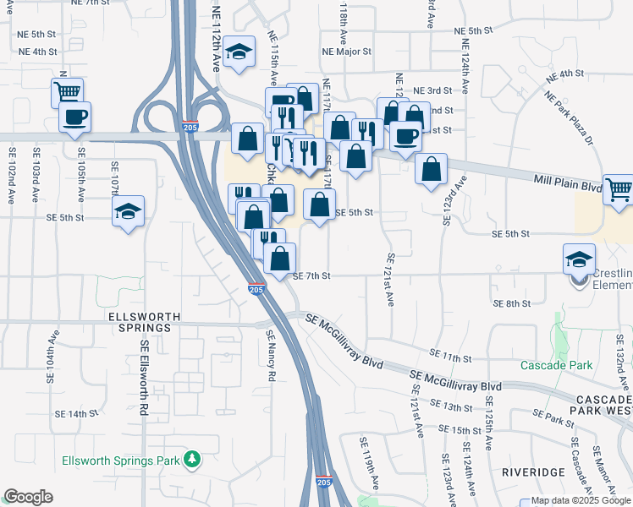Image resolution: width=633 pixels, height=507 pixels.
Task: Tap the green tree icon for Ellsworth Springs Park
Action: click(194, 460)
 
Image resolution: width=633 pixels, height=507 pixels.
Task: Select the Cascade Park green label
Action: click(556, 365)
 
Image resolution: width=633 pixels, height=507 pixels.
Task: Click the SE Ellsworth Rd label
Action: click(145, 376)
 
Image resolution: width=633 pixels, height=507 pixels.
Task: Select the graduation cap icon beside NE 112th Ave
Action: click(240, 52)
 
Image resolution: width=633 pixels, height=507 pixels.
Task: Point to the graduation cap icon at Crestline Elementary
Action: click(580, 258)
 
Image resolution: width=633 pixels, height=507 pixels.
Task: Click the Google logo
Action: click(28, 497)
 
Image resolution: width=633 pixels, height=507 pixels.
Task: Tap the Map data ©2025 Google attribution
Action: click(574, 500)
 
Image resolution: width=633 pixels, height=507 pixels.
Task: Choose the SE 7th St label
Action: click(311, 276)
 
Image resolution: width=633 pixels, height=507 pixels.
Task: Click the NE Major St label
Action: click(347, 52)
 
